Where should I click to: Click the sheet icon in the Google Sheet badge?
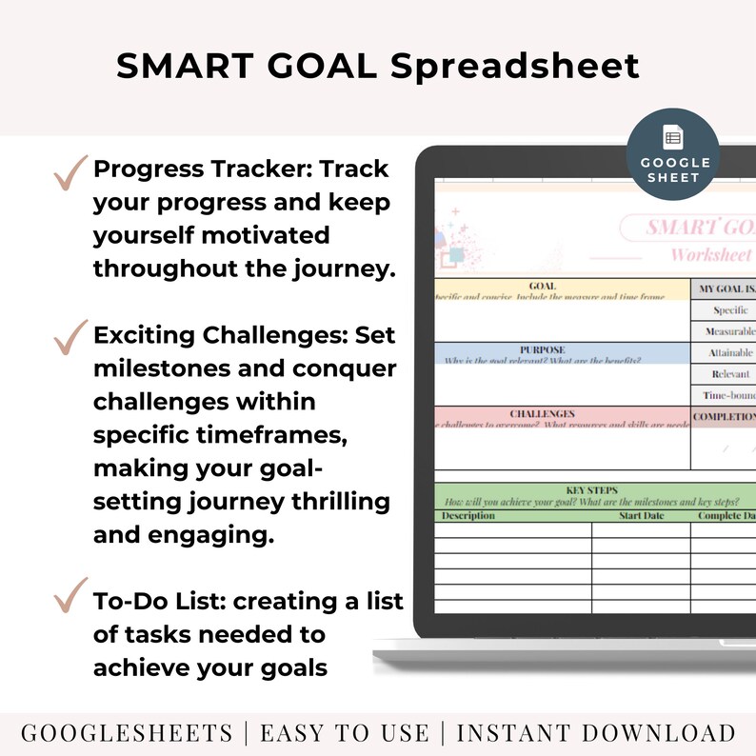coord(672,138)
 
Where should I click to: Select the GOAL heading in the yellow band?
coord(542,285)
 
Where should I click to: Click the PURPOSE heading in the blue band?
coord(542,349)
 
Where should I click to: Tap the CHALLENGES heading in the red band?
coord(542,414)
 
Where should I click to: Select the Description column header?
coord(467,515)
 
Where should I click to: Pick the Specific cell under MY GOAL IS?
coord(732,309)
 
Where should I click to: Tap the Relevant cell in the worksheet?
coord(731,374)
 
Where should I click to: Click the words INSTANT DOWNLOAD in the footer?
coord(596,733)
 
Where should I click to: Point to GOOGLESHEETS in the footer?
coord(127,733)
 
